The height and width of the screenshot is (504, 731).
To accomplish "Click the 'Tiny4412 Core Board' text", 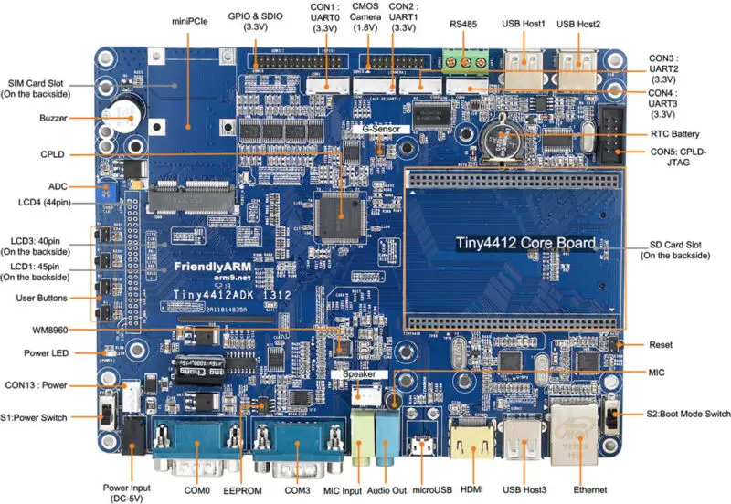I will click(527, 244).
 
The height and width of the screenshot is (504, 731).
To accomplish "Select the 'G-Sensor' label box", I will click(375, 130).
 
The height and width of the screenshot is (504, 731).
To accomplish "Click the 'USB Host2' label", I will click(578, 23).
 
